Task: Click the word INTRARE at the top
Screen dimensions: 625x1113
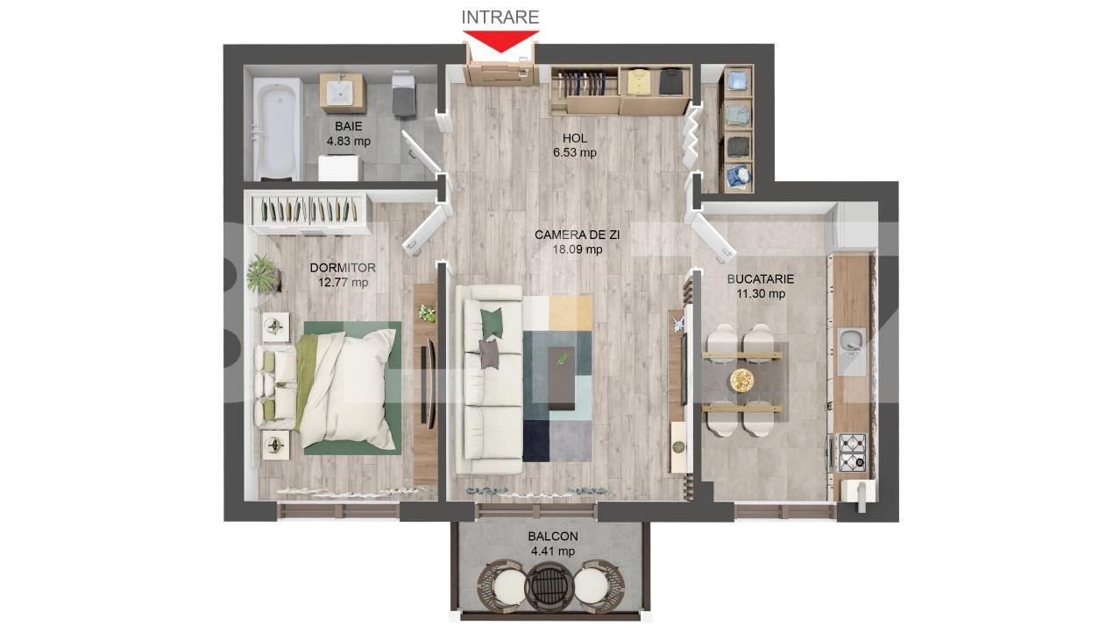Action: point(500,17)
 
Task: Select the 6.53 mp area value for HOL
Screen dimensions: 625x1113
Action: point(574,152)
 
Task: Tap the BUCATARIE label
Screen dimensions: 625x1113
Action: point(760,279)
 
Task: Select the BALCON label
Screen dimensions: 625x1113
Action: point(552,537)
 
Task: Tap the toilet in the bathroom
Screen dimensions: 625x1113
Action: point(402,93)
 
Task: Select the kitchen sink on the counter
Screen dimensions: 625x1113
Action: point(849,350)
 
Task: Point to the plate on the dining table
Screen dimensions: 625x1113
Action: point(741,379)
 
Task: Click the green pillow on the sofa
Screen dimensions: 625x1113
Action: point(492,324)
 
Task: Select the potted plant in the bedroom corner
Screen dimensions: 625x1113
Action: point(261,273)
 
